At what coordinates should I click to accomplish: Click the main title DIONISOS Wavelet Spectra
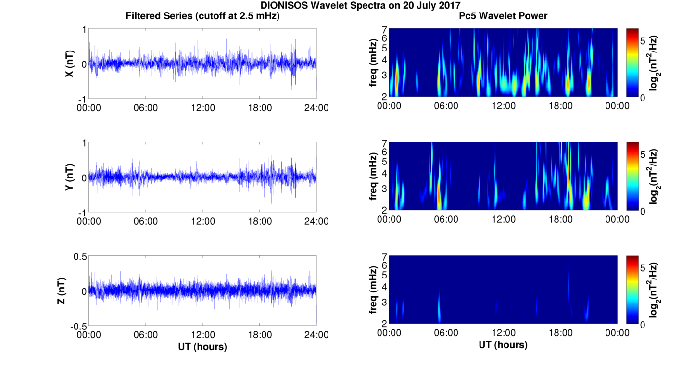click(360, 5)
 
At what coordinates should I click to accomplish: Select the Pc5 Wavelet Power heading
click(503, 16)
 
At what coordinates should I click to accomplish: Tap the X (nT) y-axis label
click(69, 63)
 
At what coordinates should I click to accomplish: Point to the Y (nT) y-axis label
click(69, 177)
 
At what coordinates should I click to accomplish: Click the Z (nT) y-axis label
click(62, 291)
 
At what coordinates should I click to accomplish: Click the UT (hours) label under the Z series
click(202, 346)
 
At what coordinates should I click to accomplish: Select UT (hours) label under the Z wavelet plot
click(503, 344)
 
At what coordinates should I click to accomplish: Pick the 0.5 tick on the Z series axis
click(80, 257)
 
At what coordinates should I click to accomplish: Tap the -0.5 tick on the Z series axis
click(78, 327)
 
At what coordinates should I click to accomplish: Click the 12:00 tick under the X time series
click(203, 108)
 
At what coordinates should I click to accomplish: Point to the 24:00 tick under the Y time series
click(316, 221)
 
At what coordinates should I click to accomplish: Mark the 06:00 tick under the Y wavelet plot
click(446, 219)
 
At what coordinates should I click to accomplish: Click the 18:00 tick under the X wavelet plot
click(560, 106)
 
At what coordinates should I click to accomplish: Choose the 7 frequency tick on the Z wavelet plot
click(385, 257)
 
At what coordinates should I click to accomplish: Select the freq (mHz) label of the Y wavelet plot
click(373, 177)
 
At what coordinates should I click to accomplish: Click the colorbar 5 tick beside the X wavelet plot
click(643, 41)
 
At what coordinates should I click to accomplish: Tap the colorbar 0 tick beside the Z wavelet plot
click(643, 325)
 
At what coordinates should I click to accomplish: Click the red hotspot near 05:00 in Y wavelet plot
click(439, 196)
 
